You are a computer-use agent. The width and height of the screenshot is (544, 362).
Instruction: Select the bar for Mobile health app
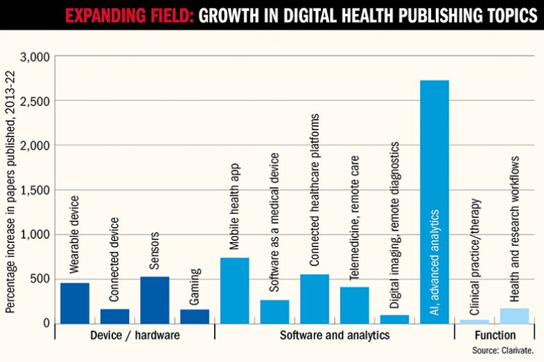tap(234, 291)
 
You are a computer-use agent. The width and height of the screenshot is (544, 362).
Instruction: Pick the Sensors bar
tap(155, 300)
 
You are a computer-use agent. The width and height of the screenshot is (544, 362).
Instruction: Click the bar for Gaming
tap(195, 316)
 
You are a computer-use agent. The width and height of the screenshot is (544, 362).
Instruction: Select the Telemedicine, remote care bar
tap(354, 305)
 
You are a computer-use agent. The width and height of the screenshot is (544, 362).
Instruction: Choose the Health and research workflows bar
tap(514, 316)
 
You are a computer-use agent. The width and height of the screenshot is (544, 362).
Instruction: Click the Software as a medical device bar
tap(274, 311)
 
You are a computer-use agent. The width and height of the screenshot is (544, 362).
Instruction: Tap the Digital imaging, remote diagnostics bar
tap(394, 319)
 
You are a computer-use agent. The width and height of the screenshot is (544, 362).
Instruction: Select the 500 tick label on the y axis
tap(37, 279)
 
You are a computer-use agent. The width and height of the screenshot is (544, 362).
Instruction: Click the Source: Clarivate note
tap(503, 351)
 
